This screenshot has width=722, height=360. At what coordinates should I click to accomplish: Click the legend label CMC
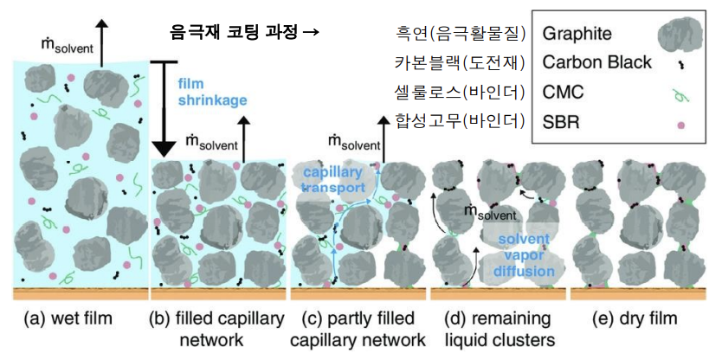pyautogui.click(x=563, y=91)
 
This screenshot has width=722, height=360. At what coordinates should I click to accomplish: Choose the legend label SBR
pyautogui.click(x=561, y=120)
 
